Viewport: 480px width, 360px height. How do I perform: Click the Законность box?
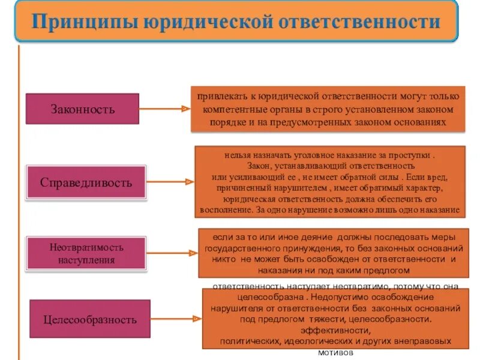click(x=83, y=109)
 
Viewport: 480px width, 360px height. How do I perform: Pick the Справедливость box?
click(x=86, y=182)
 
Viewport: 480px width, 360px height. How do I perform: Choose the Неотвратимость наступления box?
click(x=86, y=253)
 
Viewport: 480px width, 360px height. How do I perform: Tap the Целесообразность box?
click(x=89, y=320)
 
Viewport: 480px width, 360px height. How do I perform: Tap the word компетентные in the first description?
click(x=229, y=110)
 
